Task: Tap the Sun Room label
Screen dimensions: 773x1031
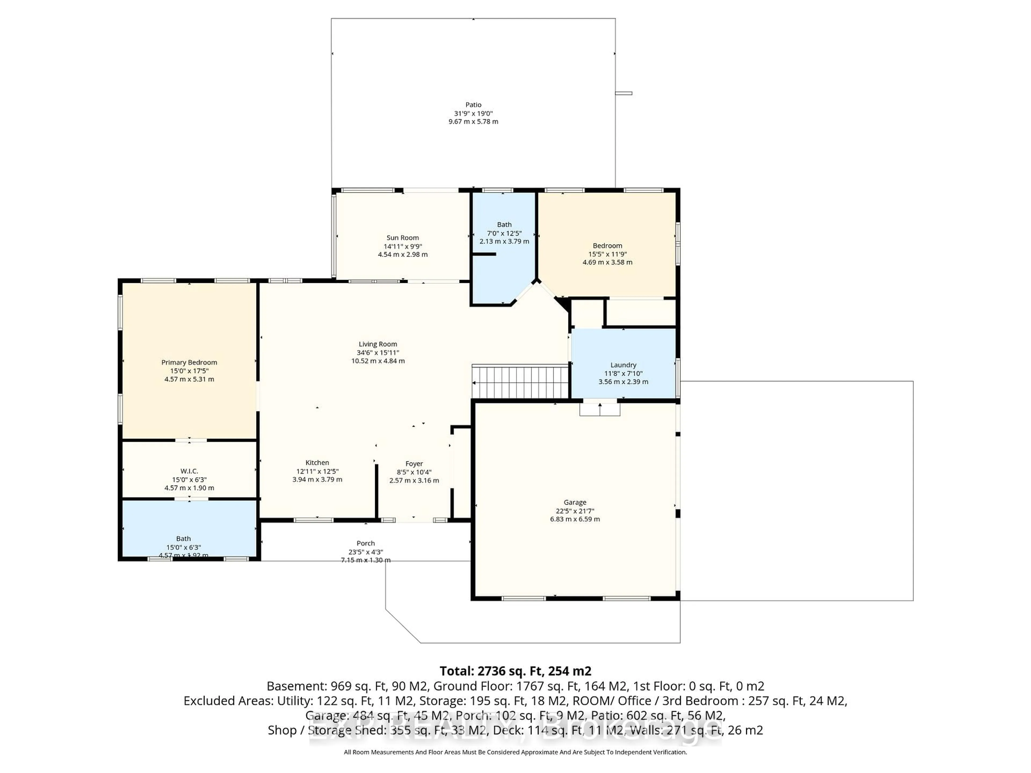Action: pos(403,238)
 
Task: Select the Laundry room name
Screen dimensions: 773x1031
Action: pos(623,365)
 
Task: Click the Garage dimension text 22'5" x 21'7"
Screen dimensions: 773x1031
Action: pos(575,511)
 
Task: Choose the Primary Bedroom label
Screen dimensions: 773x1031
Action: pos(189,363)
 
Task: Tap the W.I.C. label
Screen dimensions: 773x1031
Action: pos(189,471)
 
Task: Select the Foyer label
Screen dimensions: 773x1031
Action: pos(414,464)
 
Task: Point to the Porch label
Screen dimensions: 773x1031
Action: pos(365,543)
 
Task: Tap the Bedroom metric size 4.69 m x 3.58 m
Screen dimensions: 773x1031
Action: pos(607,262)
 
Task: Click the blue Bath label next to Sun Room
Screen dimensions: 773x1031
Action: pos(504,225)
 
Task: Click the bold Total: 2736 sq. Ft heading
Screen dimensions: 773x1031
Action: pos(515,671)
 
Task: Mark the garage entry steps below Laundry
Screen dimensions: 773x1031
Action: pos(600,410)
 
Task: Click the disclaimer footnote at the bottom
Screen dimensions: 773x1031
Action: pos(515,752)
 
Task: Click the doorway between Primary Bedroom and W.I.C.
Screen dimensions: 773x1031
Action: pos(190,440)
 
